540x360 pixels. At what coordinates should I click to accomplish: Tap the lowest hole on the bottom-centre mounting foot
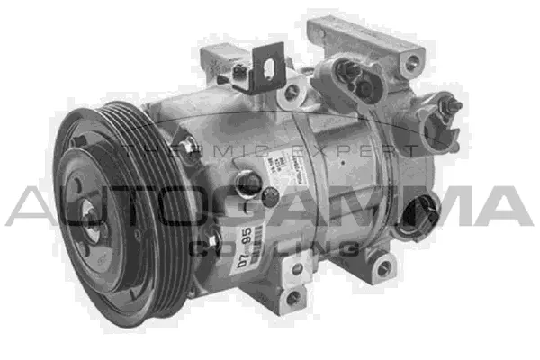point(292,296)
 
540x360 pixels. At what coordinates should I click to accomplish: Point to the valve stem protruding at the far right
point(453,107)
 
